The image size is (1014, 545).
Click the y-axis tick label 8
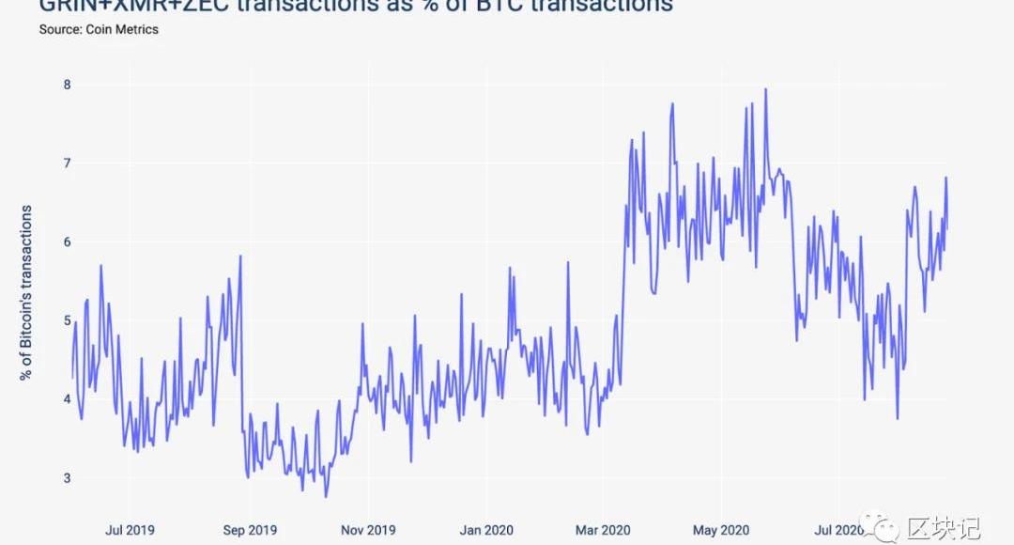[x=67, y=85]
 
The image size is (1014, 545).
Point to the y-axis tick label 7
[x=67, y=163]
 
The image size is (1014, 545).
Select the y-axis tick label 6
[x=67, y=241]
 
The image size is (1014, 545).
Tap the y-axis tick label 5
[x=67, y=320]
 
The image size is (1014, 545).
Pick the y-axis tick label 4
[x=67, y=399]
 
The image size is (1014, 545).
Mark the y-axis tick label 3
[x=67, y=478]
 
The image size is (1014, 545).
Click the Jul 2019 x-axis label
[x=131, y=530]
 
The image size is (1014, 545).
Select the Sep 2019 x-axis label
[x=248, y=530]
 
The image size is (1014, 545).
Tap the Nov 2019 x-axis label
[x=368, y=530]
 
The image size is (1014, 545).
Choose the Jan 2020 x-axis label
[x=485, y=530]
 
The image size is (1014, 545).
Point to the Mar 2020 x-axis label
[x=602, y=530]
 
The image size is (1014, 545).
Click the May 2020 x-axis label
[x=719, y=530]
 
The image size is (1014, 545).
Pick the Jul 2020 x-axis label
[x=837, y=530]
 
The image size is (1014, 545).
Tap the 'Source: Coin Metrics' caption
[x=99, y=29]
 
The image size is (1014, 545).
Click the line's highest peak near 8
[x=766, y=89]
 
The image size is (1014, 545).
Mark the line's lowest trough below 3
[x=326, y=496]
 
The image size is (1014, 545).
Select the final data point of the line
[x=947, y=228]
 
